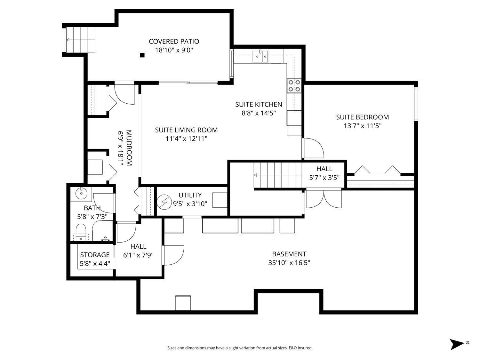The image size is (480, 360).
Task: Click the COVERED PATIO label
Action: click(174, 41)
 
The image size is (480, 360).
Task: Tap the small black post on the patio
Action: click(142, 55)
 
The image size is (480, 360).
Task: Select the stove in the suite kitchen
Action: click(294, 85)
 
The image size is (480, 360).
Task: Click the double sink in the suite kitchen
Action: click(260, 57)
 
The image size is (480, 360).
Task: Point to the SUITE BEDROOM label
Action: click(362, 117)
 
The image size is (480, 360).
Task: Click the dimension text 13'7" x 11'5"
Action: click(362, 126)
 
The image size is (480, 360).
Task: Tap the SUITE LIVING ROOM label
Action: click(186, 130)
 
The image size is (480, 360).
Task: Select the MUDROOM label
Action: click(129, 148)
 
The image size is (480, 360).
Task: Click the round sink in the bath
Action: click(81, 193)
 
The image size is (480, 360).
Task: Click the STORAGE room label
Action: click(95, 255)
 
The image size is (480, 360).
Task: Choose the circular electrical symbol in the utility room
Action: click(164, 203)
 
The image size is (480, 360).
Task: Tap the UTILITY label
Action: click(190, 195)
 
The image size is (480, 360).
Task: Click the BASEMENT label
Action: click(289, 254)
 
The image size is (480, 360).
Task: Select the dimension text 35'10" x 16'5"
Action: click(289, 263)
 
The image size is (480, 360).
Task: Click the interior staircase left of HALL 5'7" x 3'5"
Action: click(278, 175)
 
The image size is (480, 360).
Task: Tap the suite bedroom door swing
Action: click(314, 148)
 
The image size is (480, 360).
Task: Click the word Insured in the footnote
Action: click(305, 348)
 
